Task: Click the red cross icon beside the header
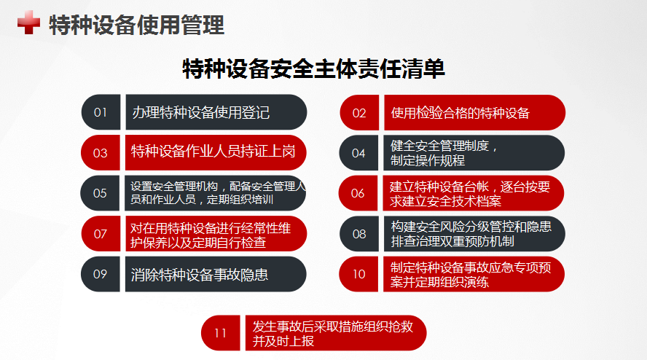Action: [28, 23]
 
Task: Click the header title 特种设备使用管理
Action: [136, 25]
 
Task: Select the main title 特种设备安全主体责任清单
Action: [313, 69]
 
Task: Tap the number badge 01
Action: [101, 112]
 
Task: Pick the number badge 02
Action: [359, 113]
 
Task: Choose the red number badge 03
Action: [101, 153]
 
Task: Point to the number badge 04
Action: [358, 153]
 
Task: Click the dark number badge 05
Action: [100, 193]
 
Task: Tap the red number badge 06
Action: [358, 193]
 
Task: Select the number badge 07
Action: [101, 234]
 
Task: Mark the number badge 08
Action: [359, 234]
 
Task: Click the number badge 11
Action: [221, 333]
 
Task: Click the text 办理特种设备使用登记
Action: [200, 112]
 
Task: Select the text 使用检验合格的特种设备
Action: [460, 113]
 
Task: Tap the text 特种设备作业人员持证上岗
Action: [213, 152]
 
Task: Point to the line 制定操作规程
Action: [428, 160]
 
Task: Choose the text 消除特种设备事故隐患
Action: [200, 275]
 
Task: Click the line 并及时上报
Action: [283, 341]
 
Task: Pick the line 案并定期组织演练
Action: [439, 282]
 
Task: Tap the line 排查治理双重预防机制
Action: [452, 241]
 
